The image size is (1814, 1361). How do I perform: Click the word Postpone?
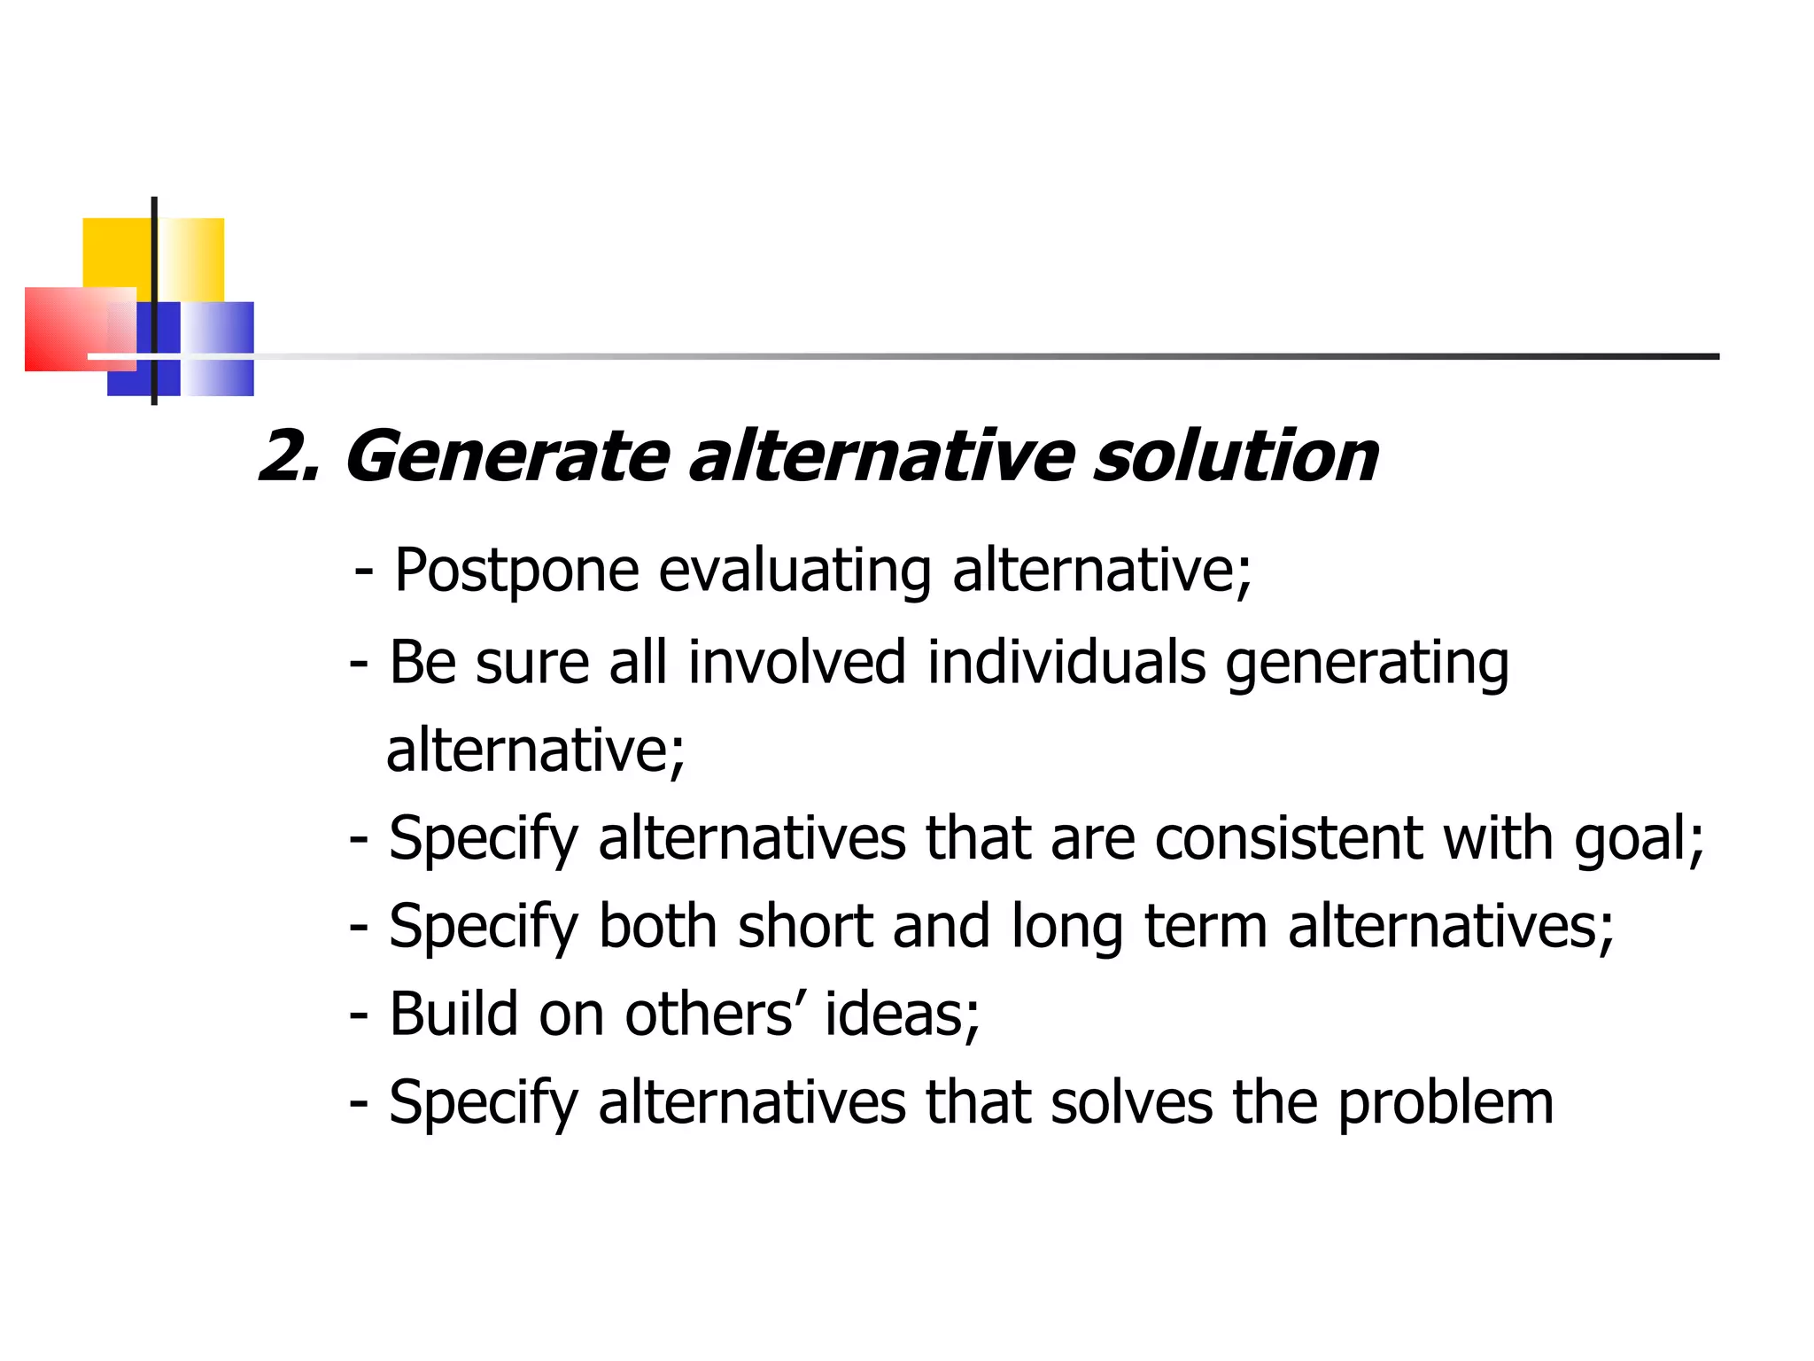click(x=516, y=572)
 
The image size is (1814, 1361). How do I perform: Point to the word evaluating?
click(x=795, y=572)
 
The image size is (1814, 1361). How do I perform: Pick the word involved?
click(x=796, y=662)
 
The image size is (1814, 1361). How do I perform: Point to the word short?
click(x=805, y=926)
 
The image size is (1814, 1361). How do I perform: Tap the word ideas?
click(x=902, y=1014)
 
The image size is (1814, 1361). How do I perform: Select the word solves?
click(x=1131, y=1102)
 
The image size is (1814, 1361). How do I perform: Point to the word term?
click(x=1205, y=927)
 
